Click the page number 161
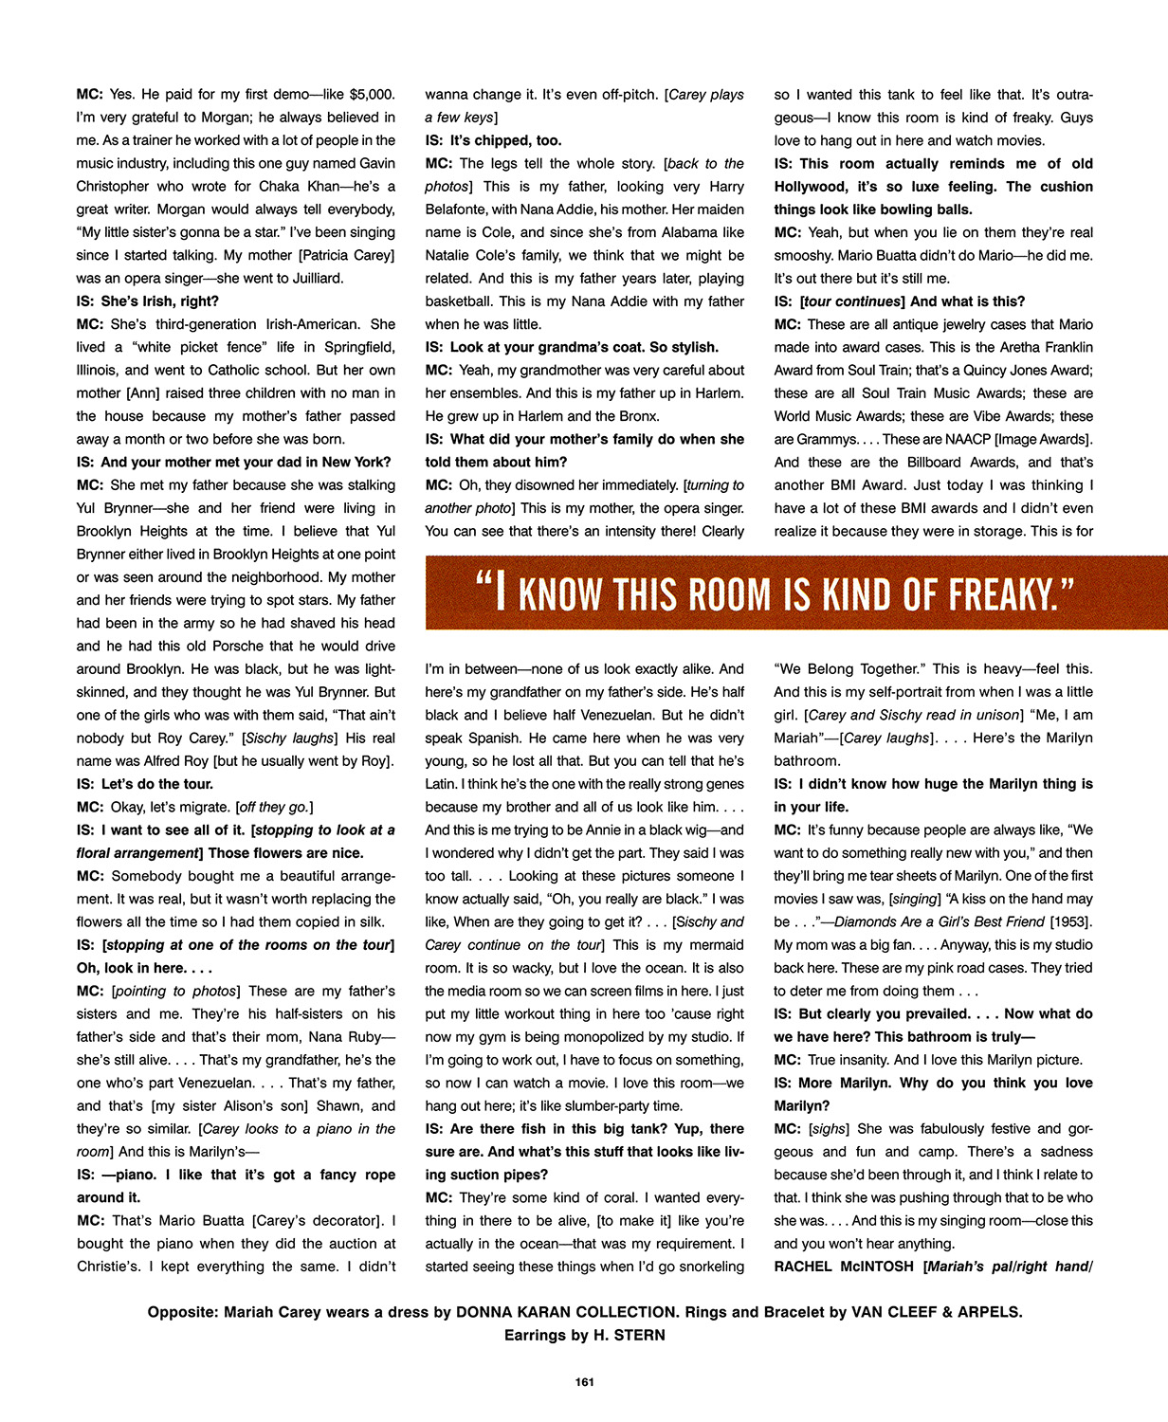pyautogui.click(x=584, y=1382)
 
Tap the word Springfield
pyautogui.click(x=356, y=347)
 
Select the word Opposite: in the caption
pyautogui.click(x=183, y=1313)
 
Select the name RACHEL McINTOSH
pyautogui.click(x=844, y=1267)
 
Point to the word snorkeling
pyautogui.click(x=707, y=1267)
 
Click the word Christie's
pyautogui.click(x=109, y=1267)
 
